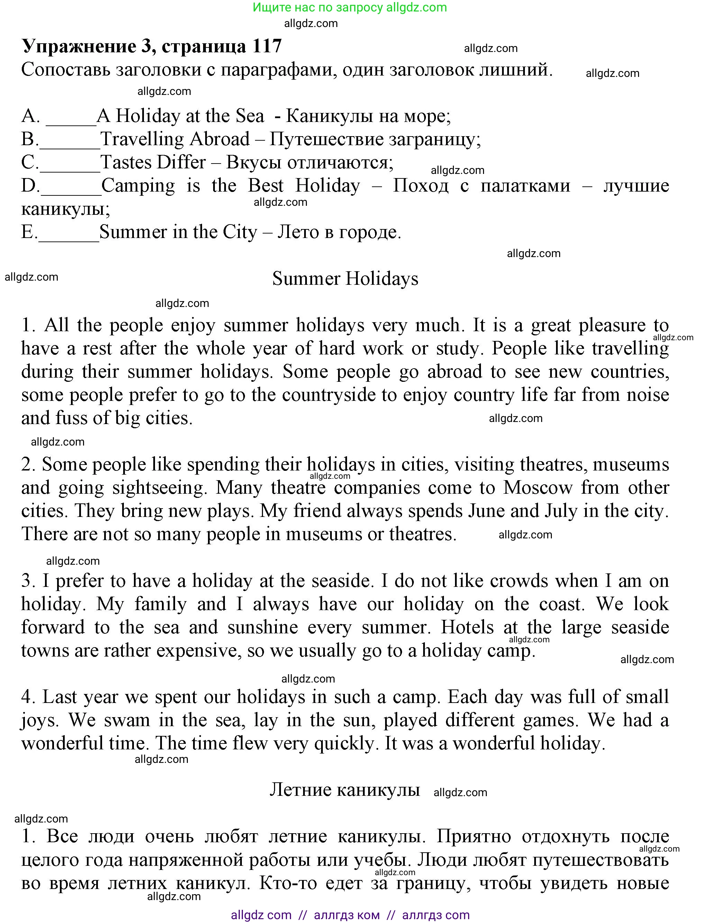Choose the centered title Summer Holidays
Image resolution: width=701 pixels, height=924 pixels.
pos(345,279)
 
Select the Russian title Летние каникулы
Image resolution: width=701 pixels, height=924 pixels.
pos(344,790)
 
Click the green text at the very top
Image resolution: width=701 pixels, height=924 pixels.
pos(350,8)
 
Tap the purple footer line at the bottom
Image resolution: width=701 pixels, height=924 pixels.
pos(350,915)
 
